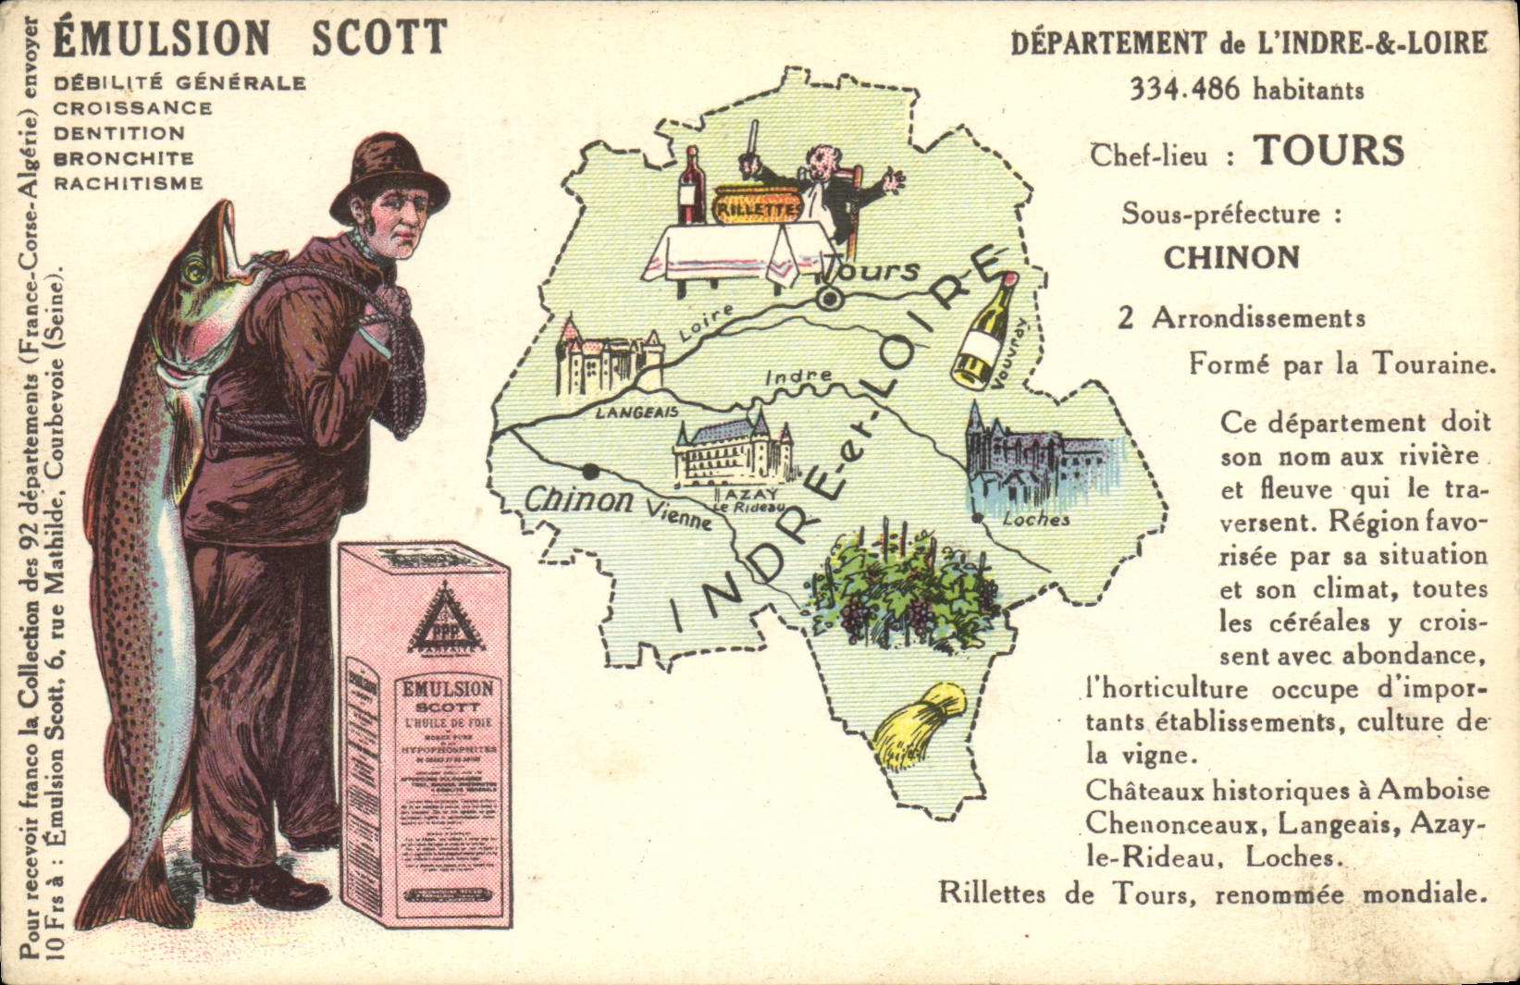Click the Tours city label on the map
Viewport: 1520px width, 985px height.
874,271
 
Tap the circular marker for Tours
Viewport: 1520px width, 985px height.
830,299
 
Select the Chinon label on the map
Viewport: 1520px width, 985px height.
578,500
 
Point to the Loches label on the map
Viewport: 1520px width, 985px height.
1036,520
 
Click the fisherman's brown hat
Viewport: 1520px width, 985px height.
391,174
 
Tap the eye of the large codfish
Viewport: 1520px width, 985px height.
195,272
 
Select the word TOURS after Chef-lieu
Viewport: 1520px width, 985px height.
1328,152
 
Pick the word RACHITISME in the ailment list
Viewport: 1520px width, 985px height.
128,183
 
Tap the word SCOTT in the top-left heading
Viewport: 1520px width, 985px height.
379,38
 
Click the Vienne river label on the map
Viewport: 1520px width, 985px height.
679,514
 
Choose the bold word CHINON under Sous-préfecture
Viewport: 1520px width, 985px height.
1231,258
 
